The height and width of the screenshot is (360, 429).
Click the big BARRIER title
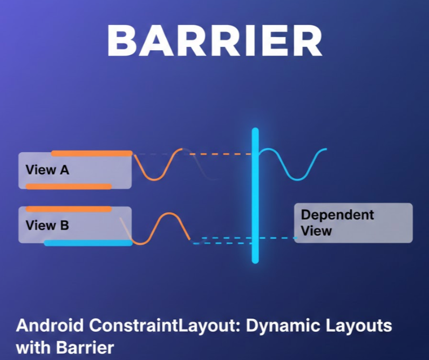214,41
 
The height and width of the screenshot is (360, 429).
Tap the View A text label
47,170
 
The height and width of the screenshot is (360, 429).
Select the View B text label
47,225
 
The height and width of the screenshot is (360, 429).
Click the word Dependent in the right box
337,214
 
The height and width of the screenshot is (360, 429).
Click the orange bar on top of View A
91,153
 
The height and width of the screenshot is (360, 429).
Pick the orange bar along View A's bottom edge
69,187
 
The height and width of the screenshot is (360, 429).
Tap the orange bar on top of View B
69,208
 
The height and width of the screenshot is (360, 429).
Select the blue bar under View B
88,243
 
